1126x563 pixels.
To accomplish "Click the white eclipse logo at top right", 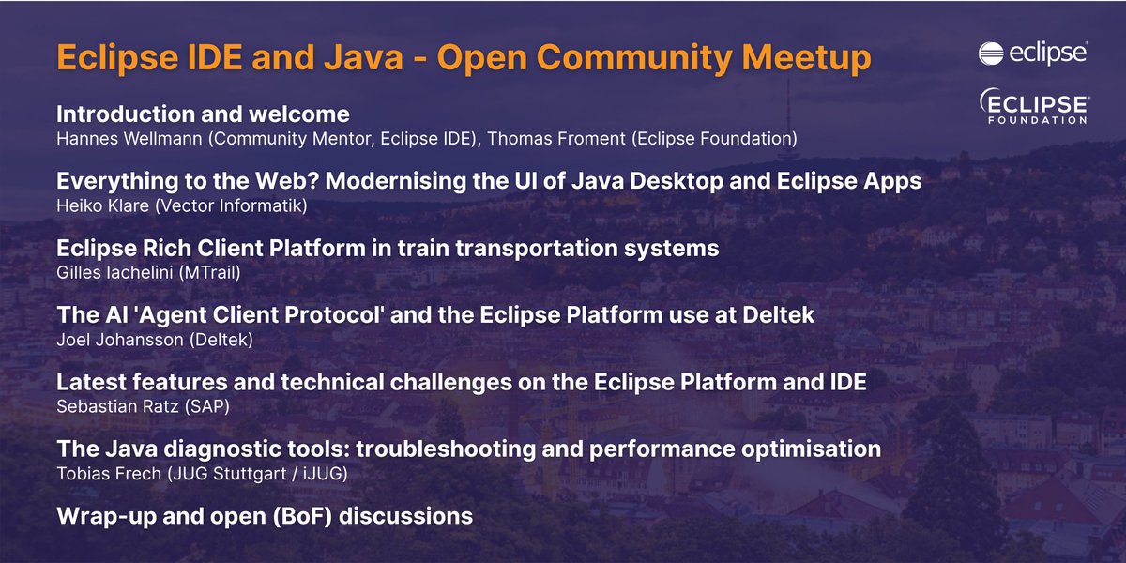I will tap(1033, 53).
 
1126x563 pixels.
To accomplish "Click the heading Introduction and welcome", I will tap(203, 114).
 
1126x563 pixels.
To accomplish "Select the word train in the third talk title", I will tap(430, 249).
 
